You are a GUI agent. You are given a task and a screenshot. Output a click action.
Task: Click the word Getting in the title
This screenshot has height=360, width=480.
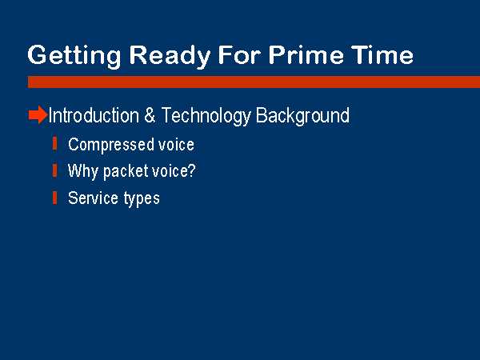click(x=74, y=56)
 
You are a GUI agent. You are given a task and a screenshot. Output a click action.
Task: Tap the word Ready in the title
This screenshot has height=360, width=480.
click(x=170, y=56)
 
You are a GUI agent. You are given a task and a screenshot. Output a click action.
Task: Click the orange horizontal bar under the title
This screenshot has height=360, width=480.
click(x=254, y=82)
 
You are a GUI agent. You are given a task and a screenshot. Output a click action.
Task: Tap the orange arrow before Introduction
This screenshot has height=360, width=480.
click(x=38, y=114)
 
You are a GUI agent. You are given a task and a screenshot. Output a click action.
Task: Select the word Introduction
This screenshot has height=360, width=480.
click(x=94, y=115)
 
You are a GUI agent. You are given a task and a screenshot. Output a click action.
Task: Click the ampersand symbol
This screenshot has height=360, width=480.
click(x=150, y=115)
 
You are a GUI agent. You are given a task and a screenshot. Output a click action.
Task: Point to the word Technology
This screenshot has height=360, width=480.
click(x=206, y=116)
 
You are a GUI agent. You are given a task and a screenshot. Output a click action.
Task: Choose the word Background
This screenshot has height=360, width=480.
click(x=302, y=116)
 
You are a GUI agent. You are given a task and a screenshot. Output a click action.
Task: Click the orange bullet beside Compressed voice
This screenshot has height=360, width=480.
click(x=54, y=144)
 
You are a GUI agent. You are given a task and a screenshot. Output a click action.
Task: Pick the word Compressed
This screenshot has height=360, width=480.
click(x=111, y=145)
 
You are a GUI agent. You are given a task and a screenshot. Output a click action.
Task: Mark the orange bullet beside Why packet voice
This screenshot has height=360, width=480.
click(x=54, y=170)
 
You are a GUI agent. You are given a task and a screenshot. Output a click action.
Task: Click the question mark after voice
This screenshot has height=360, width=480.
click(x=192, y=170)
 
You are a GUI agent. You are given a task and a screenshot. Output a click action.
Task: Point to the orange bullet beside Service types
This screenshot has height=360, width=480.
click(x=54, y=198)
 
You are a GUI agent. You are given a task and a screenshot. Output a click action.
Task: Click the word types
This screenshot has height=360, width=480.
click(x=142, y=199)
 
